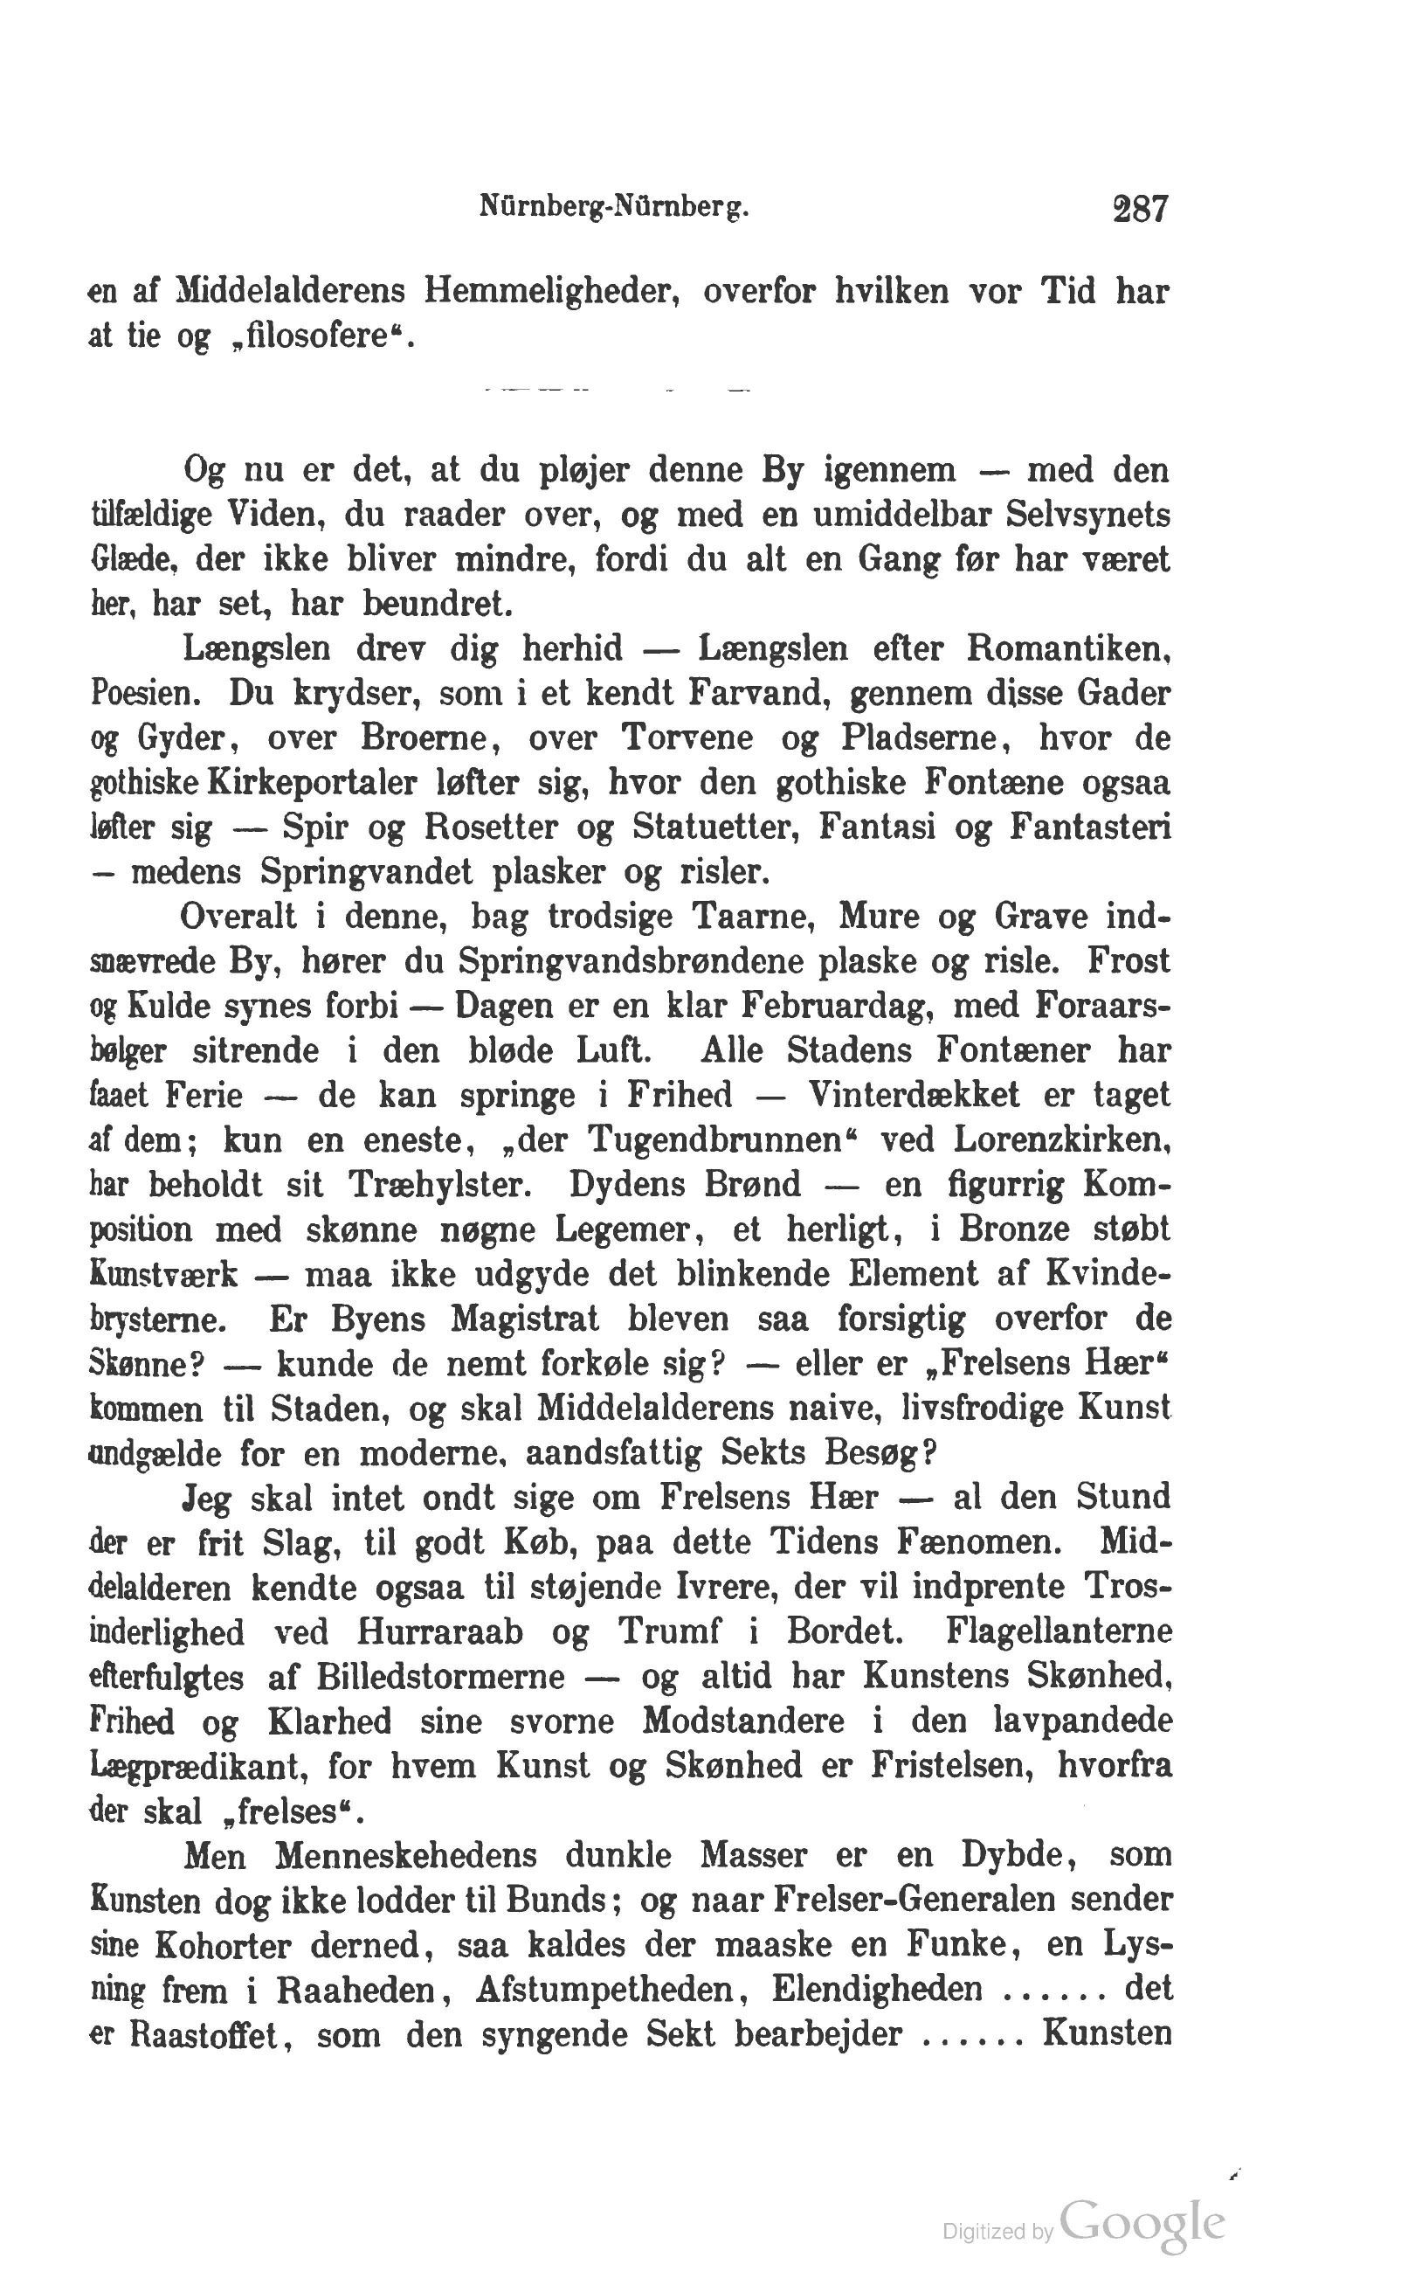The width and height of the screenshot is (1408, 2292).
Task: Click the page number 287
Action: pos(1139,209)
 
